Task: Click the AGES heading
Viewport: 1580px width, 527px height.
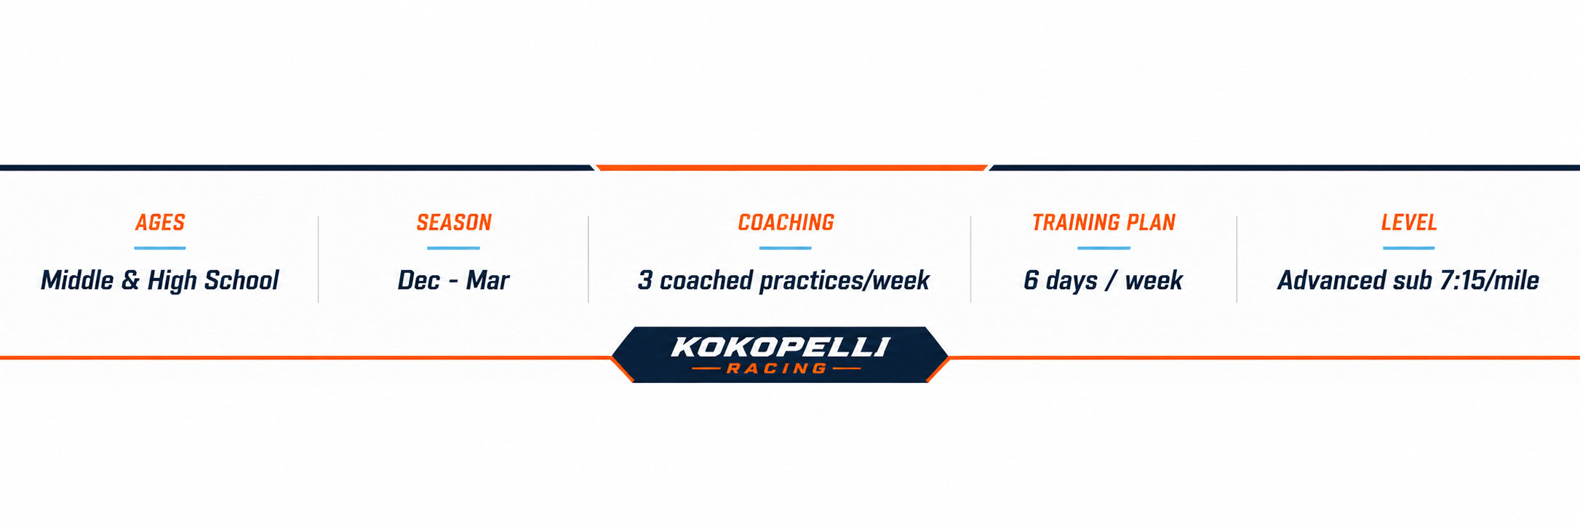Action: [160, 223]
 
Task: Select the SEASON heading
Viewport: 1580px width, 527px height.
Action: [454, 223]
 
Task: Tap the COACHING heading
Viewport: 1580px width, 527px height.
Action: [786, 223]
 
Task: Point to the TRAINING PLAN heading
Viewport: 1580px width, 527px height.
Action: [1104, 223]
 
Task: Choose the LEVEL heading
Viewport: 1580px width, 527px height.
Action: [1409, 223]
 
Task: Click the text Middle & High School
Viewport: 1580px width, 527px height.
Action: [160, 281]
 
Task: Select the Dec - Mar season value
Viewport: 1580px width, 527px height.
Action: [453, 281]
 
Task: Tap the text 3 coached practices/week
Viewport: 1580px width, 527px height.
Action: [783, 281]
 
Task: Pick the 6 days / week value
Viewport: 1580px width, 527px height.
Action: [1103, 281]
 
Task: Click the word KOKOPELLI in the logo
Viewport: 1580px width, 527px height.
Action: [781, 347]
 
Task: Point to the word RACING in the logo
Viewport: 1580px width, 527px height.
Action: [777, 369]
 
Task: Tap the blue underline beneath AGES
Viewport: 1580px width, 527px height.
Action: [160, 248]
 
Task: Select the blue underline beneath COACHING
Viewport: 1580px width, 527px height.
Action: [785, 248]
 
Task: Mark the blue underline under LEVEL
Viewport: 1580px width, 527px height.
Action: [1409, 248]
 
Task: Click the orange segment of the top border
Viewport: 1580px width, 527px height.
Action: [791, 167]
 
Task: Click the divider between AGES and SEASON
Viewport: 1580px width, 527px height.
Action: [319, 259]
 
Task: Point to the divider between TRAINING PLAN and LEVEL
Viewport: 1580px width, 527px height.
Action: [1237, 259]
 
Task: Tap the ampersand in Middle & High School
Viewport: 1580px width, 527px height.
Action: [130, 281]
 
